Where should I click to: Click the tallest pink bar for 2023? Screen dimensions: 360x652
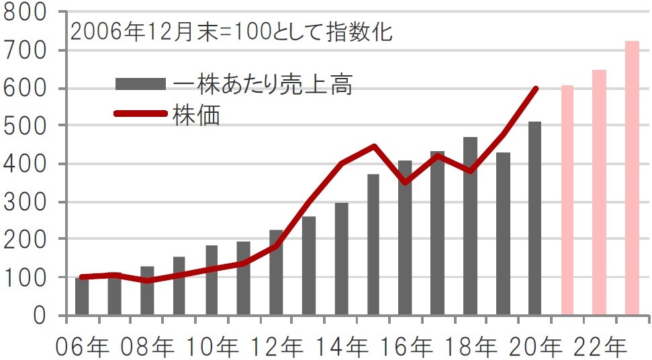point(632,178)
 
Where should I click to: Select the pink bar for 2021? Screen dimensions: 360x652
point(567,200)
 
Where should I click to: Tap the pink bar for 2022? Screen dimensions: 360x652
point(599,192)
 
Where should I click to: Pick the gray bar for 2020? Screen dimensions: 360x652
point(534,218)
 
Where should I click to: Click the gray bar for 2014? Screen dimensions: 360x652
point(341,259)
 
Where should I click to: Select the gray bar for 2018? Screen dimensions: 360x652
point(470,226)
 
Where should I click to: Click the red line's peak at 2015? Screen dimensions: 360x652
point(374,146)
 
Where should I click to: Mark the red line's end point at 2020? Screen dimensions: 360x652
point(536,88)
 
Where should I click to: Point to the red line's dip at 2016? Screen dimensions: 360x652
point(406,182)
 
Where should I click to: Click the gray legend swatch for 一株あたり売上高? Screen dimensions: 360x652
point(140,84)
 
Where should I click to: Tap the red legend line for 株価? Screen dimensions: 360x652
point(140,114)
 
